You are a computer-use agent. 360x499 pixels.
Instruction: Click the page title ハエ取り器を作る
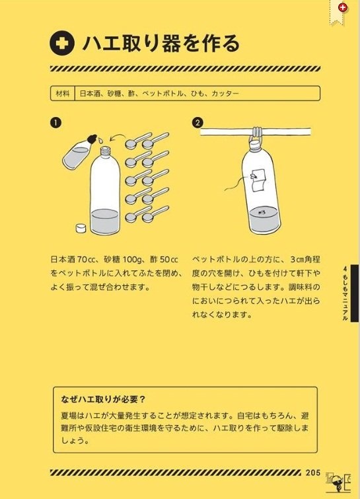(161, 44)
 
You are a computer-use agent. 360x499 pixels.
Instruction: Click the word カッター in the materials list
(225, 94)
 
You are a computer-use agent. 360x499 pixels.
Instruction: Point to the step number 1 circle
(55, 123)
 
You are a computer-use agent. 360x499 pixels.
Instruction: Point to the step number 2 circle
(198, 123)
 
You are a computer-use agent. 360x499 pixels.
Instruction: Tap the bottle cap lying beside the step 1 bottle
(80, 229)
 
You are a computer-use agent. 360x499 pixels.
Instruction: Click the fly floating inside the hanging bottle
(264, 212)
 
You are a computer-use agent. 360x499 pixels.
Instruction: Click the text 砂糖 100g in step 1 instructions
(118, 258)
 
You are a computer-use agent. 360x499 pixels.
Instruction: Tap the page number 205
(313, 473)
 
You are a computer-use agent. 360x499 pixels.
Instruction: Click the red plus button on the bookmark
(342, 8)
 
